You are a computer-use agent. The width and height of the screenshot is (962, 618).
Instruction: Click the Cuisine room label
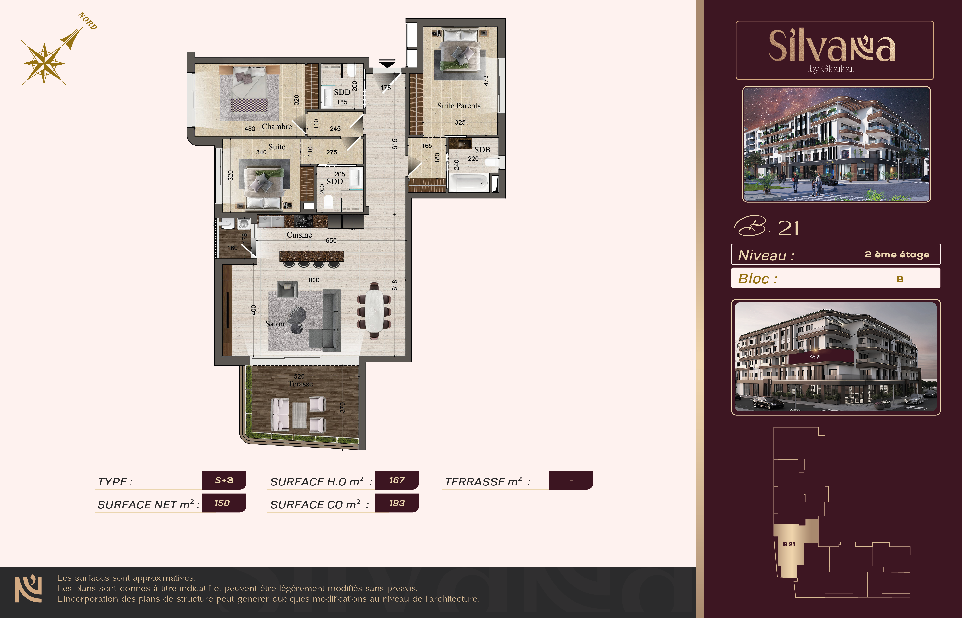[299, 235]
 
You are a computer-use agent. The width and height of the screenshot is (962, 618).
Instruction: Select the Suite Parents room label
[459, 106]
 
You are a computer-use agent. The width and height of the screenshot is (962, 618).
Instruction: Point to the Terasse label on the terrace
[300, 384]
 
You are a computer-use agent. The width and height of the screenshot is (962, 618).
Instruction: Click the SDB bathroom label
[482, 150]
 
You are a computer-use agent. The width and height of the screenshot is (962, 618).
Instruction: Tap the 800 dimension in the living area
[314, 280]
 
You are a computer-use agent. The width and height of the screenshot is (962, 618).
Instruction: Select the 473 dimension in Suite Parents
[486, 81]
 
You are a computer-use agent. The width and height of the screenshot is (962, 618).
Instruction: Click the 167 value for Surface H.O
[397, 480]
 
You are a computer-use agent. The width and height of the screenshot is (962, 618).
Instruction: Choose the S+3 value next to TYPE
[224, 480]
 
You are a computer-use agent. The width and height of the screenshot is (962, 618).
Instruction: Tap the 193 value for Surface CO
[397, 503]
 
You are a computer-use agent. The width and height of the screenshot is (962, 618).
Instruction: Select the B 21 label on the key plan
[789, 544]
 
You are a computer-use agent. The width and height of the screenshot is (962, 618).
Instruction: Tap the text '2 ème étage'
[897, 254]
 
